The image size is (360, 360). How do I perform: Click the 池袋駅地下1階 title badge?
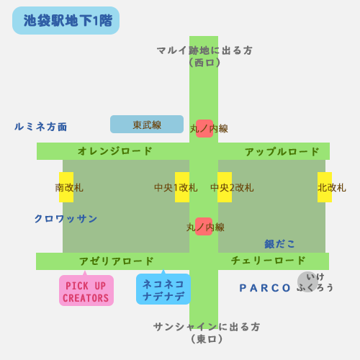tap(66, 20)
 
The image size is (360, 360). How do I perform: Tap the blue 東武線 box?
tap(147, 124)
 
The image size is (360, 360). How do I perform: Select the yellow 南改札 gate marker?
tap(66, 187)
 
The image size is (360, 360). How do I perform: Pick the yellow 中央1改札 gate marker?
tap(182, 187)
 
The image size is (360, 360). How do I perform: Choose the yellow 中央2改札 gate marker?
tap(225, 187)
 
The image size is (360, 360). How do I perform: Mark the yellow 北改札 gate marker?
tap(325, 187)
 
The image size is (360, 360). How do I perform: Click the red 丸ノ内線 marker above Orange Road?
tap(204, 128)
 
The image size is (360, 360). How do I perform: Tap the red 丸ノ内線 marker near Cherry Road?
tap(204, 226)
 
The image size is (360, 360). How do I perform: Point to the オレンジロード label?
tap(115, 151)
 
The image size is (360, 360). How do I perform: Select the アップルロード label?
tap(282, 152)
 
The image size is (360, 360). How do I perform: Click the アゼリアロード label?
tap(117, 261)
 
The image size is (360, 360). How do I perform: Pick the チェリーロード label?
tap(268, 261)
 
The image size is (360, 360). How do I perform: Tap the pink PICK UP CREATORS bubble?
tap(86, 290)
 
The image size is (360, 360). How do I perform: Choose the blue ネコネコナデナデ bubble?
tap(163, 289)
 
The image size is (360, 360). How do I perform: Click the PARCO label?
tap(265, 288)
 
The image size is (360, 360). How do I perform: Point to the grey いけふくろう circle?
tap(307, 282)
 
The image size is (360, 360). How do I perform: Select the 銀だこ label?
tap(279, 244)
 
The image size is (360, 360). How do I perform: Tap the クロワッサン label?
tap(66, 219)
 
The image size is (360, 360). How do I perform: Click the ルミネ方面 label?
tap(41, 127)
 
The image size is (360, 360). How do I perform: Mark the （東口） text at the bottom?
tap(207, 339)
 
